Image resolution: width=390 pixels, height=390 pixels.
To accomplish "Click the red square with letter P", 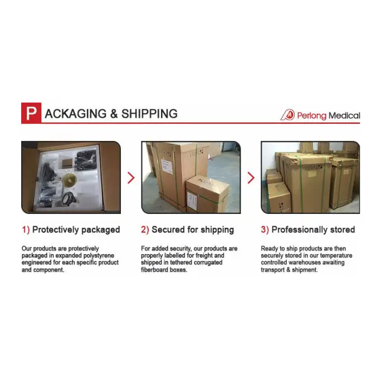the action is click(x=31, y=113).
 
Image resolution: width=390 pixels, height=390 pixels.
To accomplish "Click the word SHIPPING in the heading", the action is click(x=149, y=114).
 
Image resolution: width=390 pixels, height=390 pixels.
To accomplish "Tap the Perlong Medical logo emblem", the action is click(x=288, y=115).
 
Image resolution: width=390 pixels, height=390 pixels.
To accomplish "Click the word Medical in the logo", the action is click(x=344, y=116).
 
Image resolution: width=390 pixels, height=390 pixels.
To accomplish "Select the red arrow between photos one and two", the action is click(x=131, y=178).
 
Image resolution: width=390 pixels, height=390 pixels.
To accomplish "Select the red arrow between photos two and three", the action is click(x=251, y=178).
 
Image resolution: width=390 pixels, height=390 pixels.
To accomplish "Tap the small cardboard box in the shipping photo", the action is click(x=208, y=194).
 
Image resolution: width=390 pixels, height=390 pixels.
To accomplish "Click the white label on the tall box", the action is click(x=167, y=167).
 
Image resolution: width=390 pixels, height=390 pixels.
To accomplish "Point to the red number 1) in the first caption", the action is click(x=26, y=230).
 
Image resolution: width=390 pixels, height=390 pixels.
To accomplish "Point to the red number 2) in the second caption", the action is click(x=145, y=230).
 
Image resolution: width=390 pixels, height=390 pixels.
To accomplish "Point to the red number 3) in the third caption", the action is click(x=265, y=230).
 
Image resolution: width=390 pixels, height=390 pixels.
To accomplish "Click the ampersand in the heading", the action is click(x=114, y=114).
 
